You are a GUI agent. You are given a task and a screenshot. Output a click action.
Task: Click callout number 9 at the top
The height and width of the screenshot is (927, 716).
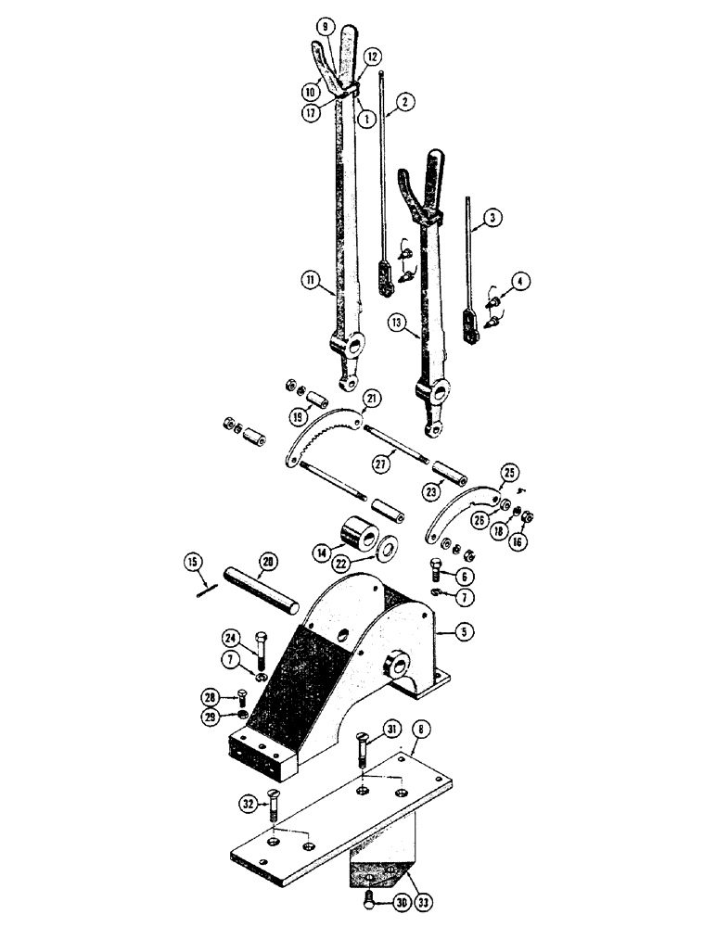click(324, 28)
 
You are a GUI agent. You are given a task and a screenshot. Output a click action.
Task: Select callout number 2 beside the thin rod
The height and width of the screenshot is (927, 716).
click(407, 103)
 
